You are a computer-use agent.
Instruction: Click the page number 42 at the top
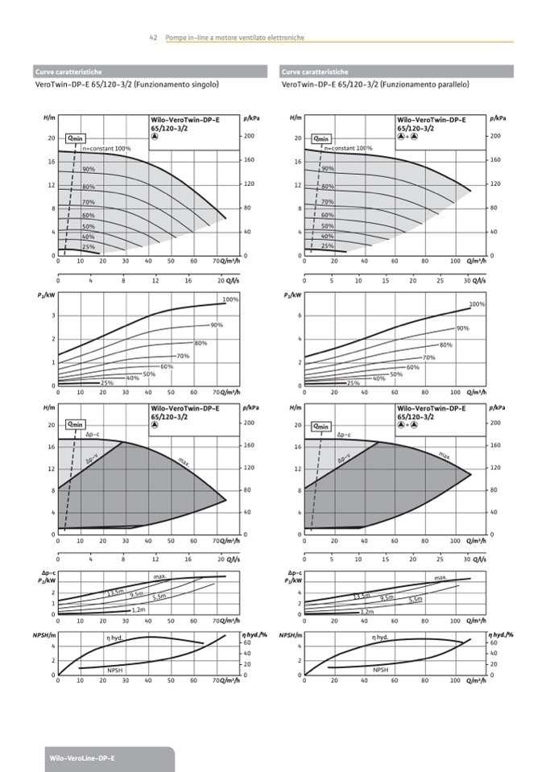pyautogui.click(x=152, y=38)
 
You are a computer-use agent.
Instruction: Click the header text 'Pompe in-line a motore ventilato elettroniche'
pyautogui.click(x=234, y=38)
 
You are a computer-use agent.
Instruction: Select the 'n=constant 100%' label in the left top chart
pyautogui.click(x=105, y=149)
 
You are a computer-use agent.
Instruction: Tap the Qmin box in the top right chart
pyautogui.click(x=321, y=138)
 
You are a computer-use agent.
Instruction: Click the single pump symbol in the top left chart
pyautogui.click(x=155, y=135)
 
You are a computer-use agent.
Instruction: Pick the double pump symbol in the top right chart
pyautogui.click(x=407, y=135)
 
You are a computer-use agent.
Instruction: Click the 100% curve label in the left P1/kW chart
pyautogui.click(x=230, y=299)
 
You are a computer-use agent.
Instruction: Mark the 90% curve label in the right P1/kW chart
pyautogui.click(x=462, y=328)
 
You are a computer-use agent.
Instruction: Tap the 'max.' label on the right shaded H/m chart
pyautogui.click(x=445, y=456)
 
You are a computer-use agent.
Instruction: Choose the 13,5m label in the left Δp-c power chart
pyautogui.click(x=114, y=593)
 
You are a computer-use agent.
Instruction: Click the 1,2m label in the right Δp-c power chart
pyautogui.click(x=366, y=612)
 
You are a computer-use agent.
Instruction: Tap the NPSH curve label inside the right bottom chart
pyautogui.click(x=380, y=670)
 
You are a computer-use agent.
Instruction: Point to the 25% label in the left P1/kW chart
pyautogui.click(x=106, y=383)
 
